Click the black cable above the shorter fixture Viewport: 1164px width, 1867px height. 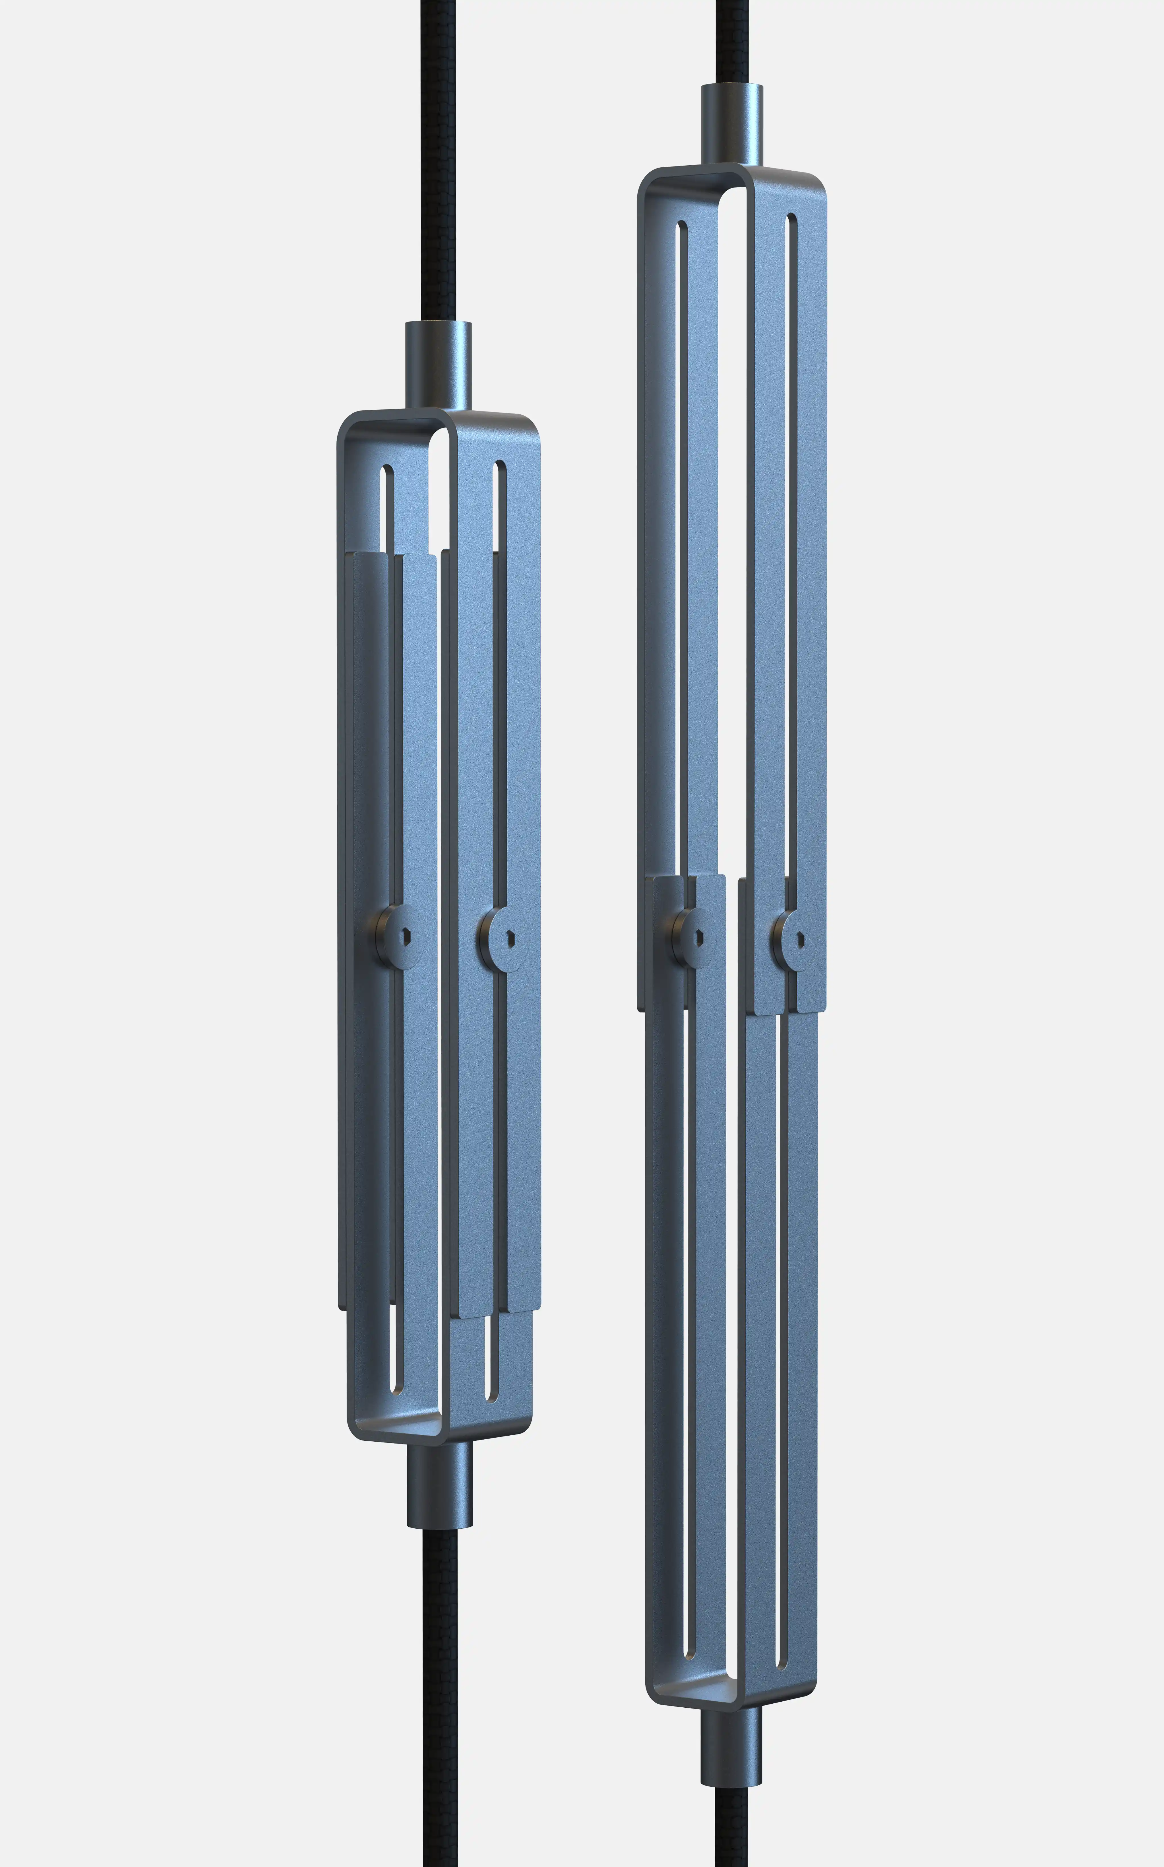(439, 154)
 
